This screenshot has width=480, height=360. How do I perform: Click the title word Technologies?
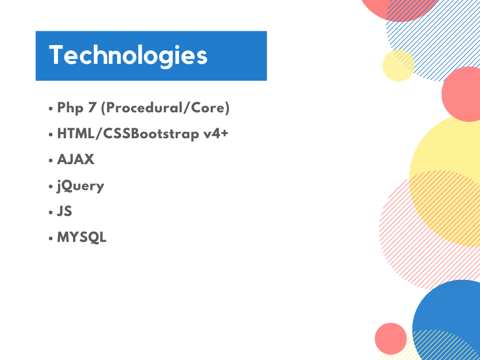point(128,56)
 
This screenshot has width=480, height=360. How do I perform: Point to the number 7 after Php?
point(91,108)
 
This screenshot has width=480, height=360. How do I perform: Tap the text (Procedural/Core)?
point(165,108)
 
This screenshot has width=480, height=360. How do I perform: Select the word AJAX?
point(76,160)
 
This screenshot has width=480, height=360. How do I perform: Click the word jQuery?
point(80,186)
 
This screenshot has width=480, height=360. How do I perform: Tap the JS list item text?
point(64,211)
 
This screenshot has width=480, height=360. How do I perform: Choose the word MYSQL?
point(82,237)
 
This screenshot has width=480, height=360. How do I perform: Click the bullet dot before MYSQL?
point(51,238)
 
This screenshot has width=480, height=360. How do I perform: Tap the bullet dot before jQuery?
point(51,187)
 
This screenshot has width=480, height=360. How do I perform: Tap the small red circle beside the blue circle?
point(391,338)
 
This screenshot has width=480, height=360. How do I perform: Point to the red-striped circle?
point(408,240)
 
